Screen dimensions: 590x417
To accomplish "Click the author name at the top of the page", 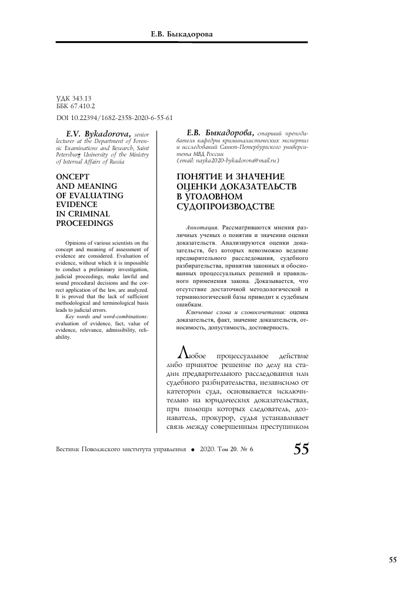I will click(182, 35).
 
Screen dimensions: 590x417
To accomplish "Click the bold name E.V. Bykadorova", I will click(98, 134).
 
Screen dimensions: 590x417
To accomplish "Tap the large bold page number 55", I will click(301, 449).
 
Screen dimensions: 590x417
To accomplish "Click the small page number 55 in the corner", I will click(393, 559).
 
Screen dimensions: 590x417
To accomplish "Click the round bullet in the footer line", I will click(192, 449).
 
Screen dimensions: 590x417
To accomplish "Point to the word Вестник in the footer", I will click(69, 449).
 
